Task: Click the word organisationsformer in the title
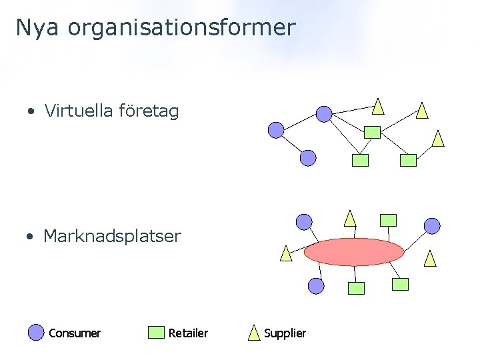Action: (181, 28)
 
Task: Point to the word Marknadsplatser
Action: (112, 236)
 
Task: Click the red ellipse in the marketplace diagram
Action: (354, 252)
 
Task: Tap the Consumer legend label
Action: (75, 333)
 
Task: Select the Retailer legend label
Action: (188, 333)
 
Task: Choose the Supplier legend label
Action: (285, 333)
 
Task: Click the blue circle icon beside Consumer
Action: (36, 332)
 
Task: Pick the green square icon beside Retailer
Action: (157, 332)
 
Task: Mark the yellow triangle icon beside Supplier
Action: (254, 332)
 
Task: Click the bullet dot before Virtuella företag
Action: (31, 112)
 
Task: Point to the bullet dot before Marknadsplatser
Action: (31, 237)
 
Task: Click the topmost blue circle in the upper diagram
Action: (323, 114)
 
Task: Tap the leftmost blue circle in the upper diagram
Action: (276, 130)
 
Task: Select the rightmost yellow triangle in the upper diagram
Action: (437, 139)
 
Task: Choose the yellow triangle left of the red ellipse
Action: (286, 253)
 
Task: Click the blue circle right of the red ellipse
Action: (433, 226)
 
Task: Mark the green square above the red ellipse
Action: (387, 220)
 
